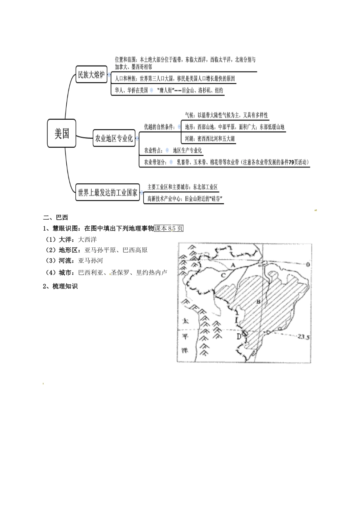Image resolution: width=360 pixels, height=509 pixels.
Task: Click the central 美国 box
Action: (x=62, y=133)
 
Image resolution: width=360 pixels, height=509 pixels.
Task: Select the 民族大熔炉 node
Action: (x=91, y=75)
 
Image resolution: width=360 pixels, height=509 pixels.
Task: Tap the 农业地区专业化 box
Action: (x=114, y=139)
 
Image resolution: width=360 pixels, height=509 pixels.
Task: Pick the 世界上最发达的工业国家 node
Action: (x=108, y=192)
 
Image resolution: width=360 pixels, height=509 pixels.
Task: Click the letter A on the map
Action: (x=233, y=266)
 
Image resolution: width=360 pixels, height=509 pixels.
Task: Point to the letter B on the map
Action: (x=258, y=302)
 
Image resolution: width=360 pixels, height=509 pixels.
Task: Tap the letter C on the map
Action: (x=223, y=275)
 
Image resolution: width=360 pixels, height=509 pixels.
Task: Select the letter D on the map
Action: (x=239, y=337)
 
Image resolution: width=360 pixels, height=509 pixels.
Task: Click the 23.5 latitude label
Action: (x=304, y=336)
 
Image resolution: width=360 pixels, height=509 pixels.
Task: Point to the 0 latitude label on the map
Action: (x=308, y=264)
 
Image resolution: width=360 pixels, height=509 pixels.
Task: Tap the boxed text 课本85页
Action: (x=169, y=228)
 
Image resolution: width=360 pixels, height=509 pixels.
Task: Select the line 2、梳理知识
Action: (x=61, y=286)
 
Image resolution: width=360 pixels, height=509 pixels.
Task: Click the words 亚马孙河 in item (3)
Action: (x=91, y=261)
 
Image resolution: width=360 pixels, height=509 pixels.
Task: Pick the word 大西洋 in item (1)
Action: (x=87, y=239)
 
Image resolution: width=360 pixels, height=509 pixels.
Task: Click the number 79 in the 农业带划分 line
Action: (x=291, y=162)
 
